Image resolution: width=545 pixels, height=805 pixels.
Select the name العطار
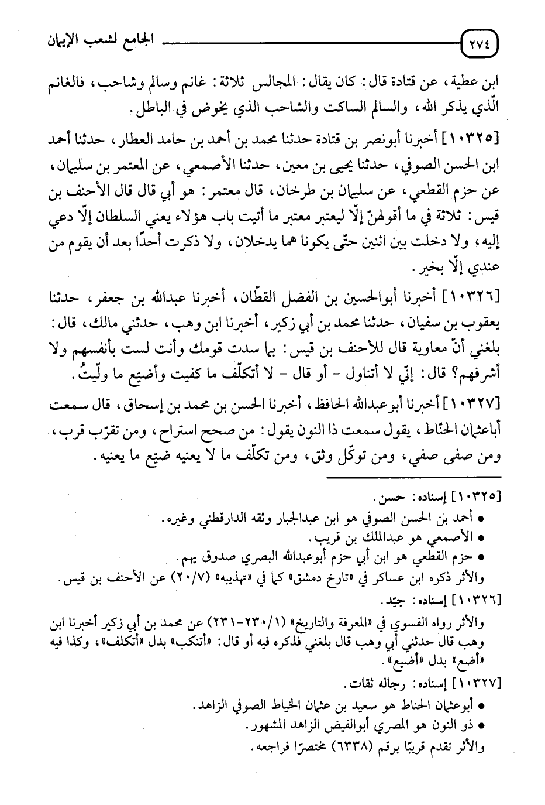point(143,141)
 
